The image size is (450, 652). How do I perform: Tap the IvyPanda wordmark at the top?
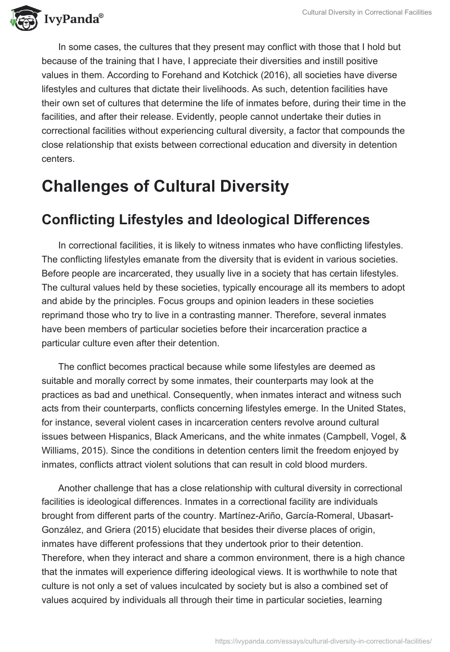(x=73, y=19)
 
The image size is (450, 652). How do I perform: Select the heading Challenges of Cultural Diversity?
(x=165, y=186)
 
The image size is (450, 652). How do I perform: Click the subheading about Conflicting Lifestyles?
(x=205, y=220)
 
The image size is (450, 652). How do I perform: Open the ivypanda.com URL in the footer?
(x=323, y=640)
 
